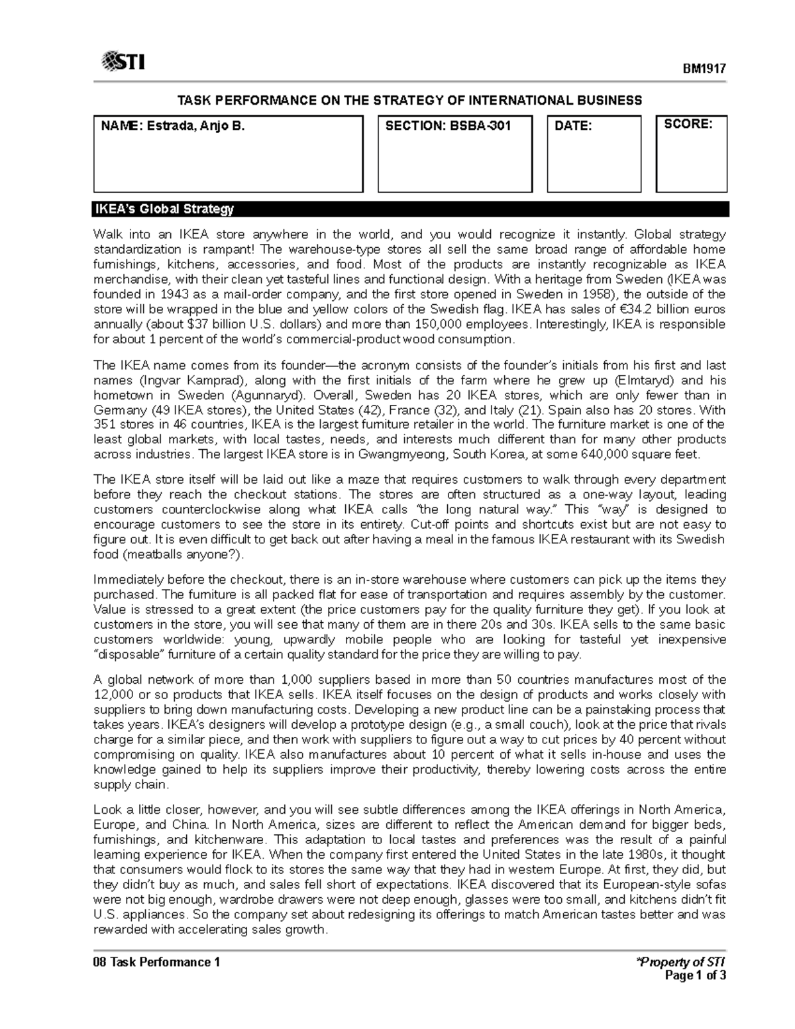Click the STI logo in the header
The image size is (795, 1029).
click(123, 62)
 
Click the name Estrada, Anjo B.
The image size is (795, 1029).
click(172, 125)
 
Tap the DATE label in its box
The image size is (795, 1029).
click(572, 125)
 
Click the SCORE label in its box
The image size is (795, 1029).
click(688, 124)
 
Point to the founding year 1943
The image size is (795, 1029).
click(165, 294)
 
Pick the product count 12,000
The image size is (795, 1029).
click(113, 695)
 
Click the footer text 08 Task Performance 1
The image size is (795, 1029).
click(156, 962)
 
